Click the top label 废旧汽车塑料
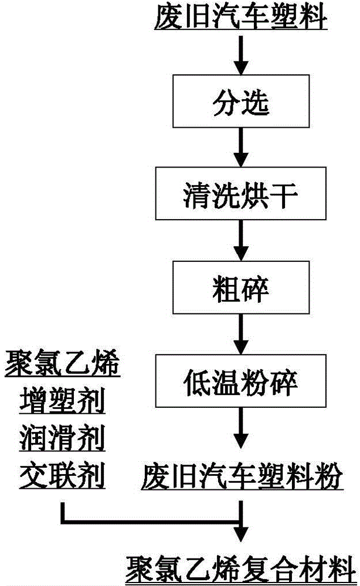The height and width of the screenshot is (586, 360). coord(240,18)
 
